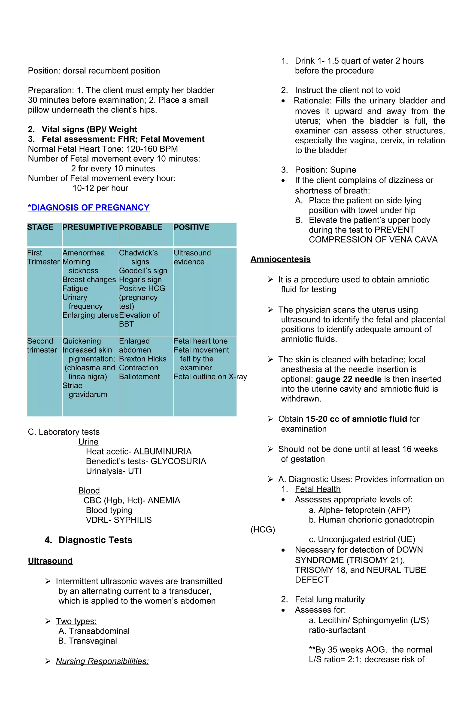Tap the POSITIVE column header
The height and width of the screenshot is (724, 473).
pos(191,227)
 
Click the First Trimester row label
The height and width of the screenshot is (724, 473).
pos(43,257)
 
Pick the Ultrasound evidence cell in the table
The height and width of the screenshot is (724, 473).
pos(192,257)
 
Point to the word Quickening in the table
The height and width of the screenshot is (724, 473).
pos(82,341)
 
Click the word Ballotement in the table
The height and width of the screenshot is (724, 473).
pos(139,377)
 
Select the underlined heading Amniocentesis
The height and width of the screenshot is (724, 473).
pos(280,259)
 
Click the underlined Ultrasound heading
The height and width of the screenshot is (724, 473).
pos(50,561)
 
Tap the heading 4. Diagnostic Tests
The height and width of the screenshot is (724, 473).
pos(88,540)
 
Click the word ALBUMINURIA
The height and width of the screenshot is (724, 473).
pos(162,451)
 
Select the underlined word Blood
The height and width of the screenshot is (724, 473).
pos(89,491)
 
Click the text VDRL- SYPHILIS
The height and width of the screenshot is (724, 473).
pos(118,520)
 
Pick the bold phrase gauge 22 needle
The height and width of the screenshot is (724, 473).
pos(348,379)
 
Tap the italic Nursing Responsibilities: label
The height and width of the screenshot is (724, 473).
pos(102,661)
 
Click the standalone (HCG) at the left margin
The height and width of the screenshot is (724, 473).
pos(263,530)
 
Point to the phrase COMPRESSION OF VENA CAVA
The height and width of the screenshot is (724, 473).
pos(373,240)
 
